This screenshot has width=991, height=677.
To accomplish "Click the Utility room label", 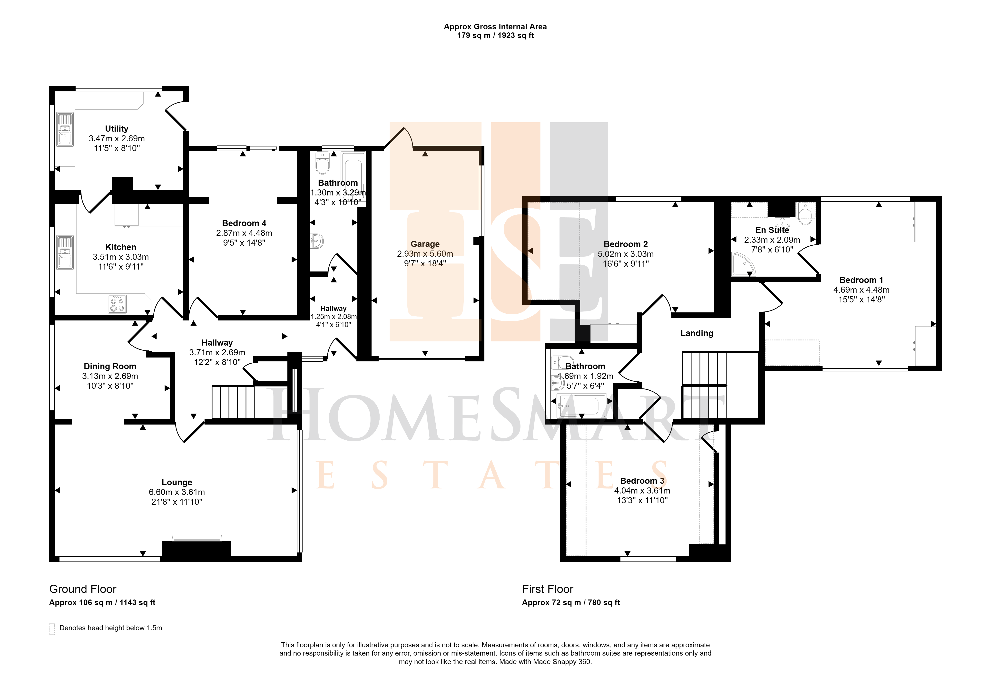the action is pyautogui.click(x=117, y=129).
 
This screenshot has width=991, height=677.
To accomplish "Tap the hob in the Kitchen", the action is pyautogui.click(x=117, y=304).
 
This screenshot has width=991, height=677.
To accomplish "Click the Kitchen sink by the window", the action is pyautogui.click(x=65, y=252).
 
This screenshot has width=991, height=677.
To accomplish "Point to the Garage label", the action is pyautogui.click(x=425, y=244).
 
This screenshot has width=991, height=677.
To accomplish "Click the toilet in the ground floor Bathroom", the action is pyautogui.click(x=322, y=163).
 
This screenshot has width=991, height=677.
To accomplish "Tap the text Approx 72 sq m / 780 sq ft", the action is pyautogui.click(x=571, y=602).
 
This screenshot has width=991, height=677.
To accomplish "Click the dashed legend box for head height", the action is pyautogui.click(x=52, y=629).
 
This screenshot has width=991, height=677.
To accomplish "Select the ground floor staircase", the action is pyautogui.click(x=233, y=402).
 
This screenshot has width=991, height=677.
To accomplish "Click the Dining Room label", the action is pyautogui.click(x=110, y=366).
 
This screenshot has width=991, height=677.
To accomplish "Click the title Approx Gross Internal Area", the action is pyautogui.click(x=495, y=26).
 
